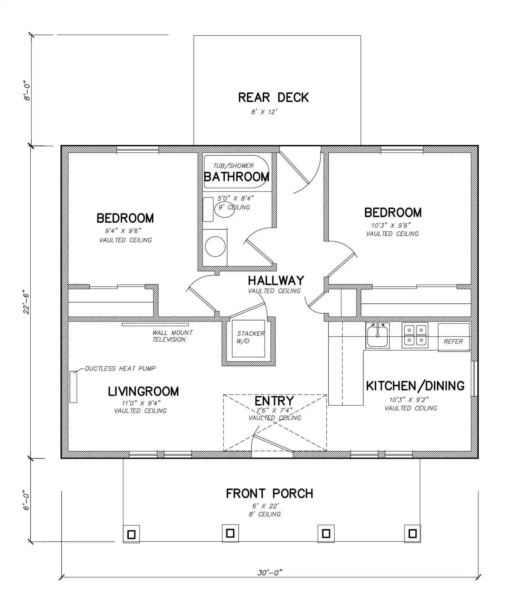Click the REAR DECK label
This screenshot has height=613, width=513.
(x=273, y=97)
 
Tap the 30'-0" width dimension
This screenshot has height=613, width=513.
(x=270, y=573)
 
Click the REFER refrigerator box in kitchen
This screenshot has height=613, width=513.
(x=454, y=337)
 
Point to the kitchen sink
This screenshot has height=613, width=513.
(x=377, y=336)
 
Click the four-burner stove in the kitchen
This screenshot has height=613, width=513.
(x=415, y=335)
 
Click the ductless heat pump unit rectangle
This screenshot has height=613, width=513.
(x=73, y=387)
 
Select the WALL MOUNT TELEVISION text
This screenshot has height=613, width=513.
(x=173, y=336)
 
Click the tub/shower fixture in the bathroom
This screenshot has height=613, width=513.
(x=237, y=172)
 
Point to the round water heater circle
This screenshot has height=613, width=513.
(x=215, y=246)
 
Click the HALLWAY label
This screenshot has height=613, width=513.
(x=276, y=280)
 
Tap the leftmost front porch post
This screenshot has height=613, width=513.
(x=131, y=534)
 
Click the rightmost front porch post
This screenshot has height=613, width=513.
(x=412, y=534)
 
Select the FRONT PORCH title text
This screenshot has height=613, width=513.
(x=270, y=493)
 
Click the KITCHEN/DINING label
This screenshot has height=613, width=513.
(x=415, y=386)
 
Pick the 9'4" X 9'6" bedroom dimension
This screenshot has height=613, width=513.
(x=123, y=231)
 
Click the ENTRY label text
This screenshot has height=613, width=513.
(x=274, y=401)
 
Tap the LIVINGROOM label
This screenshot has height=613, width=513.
(x=143, y=391)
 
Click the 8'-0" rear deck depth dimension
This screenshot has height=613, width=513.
(x=27, y=91)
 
